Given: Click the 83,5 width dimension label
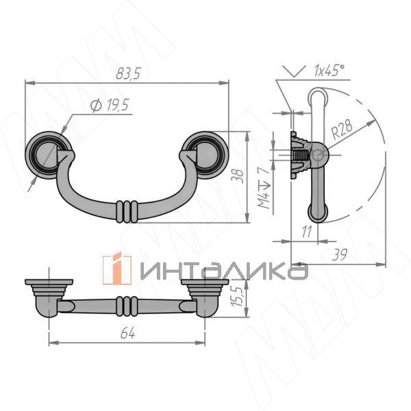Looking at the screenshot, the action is (129, 73).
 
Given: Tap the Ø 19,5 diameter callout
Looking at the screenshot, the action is (110, 105).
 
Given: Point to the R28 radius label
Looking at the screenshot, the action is (342, 129).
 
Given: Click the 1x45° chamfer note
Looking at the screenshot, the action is (329, 71).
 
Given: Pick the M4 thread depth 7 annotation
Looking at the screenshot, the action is (264, 188).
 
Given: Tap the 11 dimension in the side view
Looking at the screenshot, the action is (307, 232).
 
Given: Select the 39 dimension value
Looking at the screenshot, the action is (340, 254).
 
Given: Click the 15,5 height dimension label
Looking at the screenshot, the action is (238, 296).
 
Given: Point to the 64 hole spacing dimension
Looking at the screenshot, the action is (128, 333).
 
